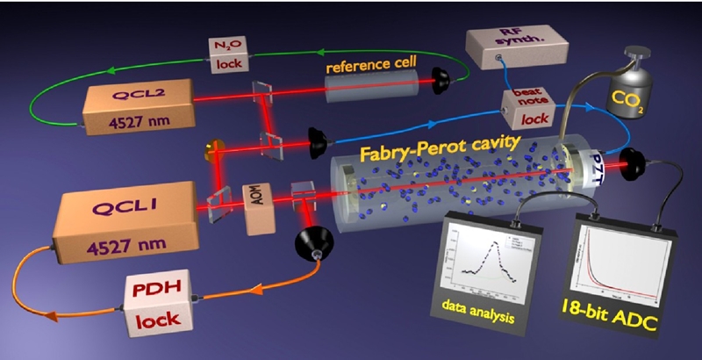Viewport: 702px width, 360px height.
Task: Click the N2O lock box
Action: click(231, 54)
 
